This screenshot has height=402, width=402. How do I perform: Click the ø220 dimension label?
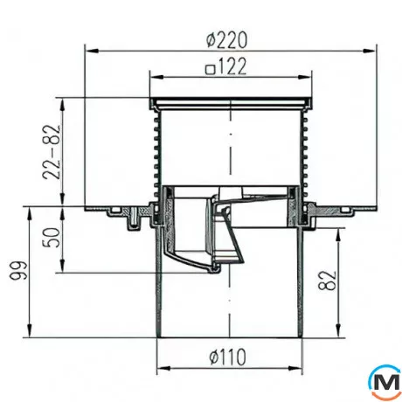point(227,39)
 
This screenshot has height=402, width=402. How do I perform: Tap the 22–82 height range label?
point(52,152)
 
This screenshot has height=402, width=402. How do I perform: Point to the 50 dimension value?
point(52,238)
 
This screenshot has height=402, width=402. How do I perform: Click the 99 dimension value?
point(18,271)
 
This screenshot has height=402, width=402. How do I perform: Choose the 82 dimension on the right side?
point(327,281)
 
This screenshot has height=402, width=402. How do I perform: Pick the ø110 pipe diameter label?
point(228,357)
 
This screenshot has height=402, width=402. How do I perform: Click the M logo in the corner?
point(385,383)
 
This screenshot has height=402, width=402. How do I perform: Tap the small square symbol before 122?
point(211,70)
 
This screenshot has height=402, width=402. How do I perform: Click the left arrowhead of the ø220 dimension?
point(91,51)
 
